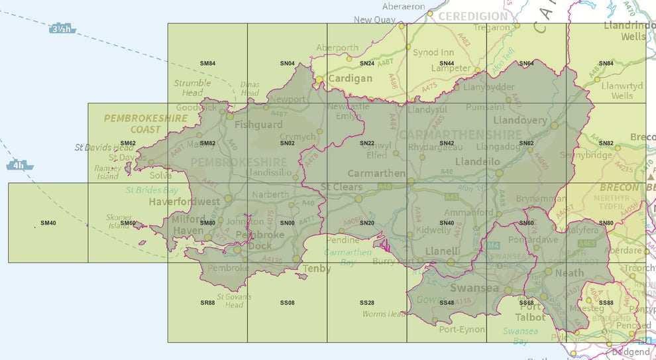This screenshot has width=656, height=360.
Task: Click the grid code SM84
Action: click(x=207, y=64)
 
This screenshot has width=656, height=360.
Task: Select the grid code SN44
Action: click(x=446, y=64)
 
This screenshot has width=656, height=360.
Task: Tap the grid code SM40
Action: click(x=48, y=223)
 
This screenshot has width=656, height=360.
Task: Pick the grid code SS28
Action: click(x=366, y=302)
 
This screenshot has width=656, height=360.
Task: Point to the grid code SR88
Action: click(x=207, y=302)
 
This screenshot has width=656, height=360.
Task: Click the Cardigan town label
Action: click(x=351, y=78)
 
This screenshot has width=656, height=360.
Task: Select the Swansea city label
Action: click(x=474, y=288)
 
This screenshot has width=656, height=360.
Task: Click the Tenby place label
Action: click(x=317, y=269)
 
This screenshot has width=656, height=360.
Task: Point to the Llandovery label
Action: click(x=520, y=121)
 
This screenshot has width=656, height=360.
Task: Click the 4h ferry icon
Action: click(x=21, y=165)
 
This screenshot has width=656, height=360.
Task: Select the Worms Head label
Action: click(x=384, y=314)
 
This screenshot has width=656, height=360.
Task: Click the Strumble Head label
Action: click(x=192, y=88)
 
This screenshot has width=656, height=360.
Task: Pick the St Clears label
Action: click(x=342, y=187)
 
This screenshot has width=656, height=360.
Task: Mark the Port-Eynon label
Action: click(x=457, y=329)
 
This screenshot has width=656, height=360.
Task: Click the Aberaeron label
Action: click(x=403, y=6)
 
